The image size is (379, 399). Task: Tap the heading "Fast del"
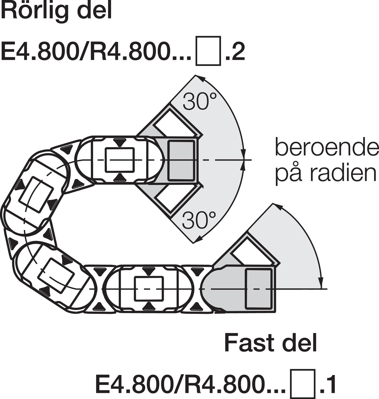click(271, 343)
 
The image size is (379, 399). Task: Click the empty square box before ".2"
click(208, 51)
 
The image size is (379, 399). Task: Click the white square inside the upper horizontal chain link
click(120, 160)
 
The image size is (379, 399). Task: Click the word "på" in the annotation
click(287, 174)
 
